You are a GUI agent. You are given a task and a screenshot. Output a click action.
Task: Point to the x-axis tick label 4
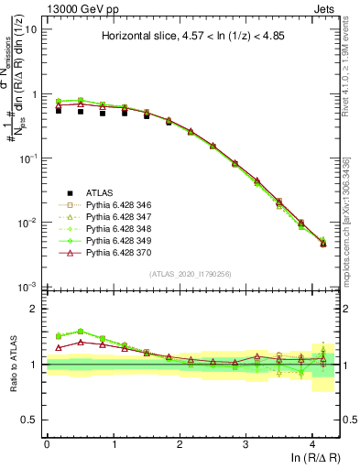tap(312, 443)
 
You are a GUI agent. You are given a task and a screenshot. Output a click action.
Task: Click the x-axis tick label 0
tap(47, 443)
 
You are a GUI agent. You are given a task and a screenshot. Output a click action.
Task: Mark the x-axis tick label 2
tap(180, 443)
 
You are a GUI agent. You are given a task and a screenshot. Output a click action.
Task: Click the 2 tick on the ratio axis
tap(35, 310)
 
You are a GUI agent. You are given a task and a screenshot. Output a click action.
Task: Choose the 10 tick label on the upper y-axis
tap(31, 29)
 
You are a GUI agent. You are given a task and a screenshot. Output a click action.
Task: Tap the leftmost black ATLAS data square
tap(59, 110)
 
